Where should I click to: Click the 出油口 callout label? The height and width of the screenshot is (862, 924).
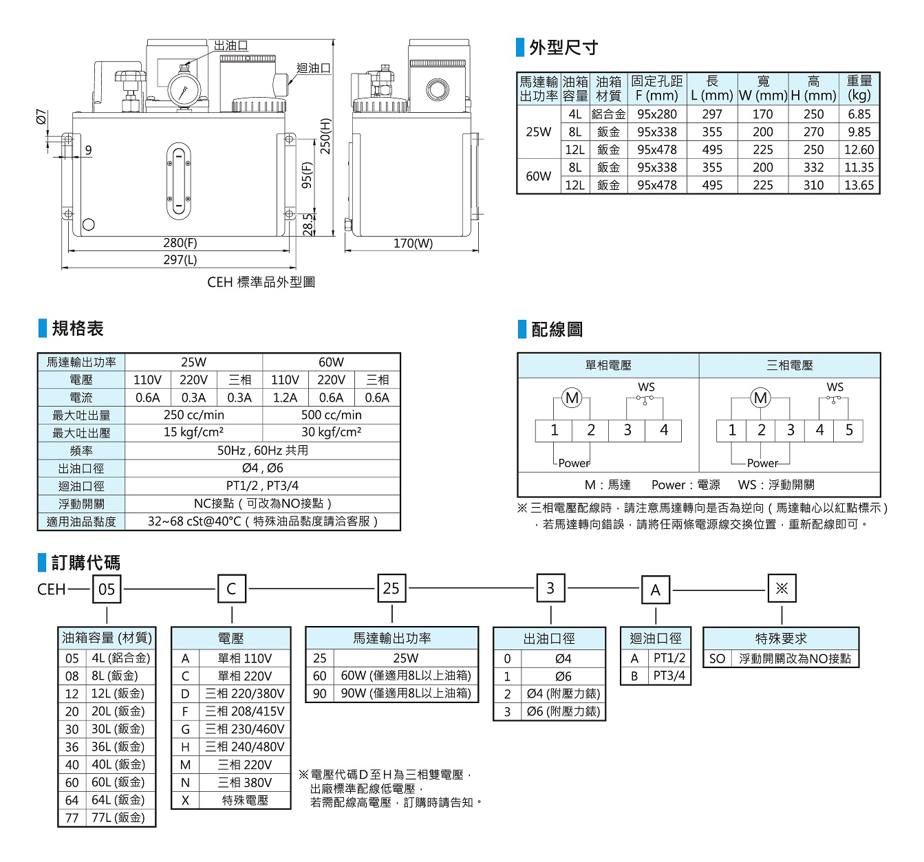click(230, 45)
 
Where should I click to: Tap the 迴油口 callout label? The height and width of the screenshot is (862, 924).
click(314, 68)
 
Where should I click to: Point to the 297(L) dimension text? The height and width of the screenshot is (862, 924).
click(180, 260)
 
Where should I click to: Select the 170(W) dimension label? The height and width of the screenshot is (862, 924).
click(413, 243)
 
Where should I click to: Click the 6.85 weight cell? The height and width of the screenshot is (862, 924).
click(859, 114)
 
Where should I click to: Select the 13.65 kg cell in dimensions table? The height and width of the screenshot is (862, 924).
click(859, 185)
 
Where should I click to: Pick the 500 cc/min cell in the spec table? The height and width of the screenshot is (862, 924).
click(331, 415)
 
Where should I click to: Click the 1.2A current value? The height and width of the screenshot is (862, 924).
click(285, 398)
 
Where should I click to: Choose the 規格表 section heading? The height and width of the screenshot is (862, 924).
click(78, 329)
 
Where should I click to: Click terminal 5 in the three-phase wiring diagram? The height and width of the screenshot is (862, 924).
click(849, 430)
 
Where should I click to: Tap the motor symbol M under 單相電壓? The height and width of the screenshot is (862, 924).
click(572, 398)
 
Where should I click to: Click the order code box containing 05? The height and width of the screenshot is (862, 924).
click(107, 590)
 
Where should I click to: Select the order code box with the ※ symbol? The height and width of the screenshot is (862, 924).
click(782, 589)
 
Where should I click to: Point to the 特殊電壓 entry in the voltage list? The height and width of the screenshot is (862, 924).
click(245, 800)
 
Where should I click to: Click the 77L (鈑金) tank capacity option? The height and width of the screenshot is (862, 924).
click(118, 818)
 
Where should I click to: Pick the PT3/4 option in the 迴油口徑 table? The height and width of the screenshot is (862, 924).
click(669, 676)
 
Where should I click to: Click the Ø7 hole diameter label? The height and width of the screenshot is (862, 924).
click(41, 118)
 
